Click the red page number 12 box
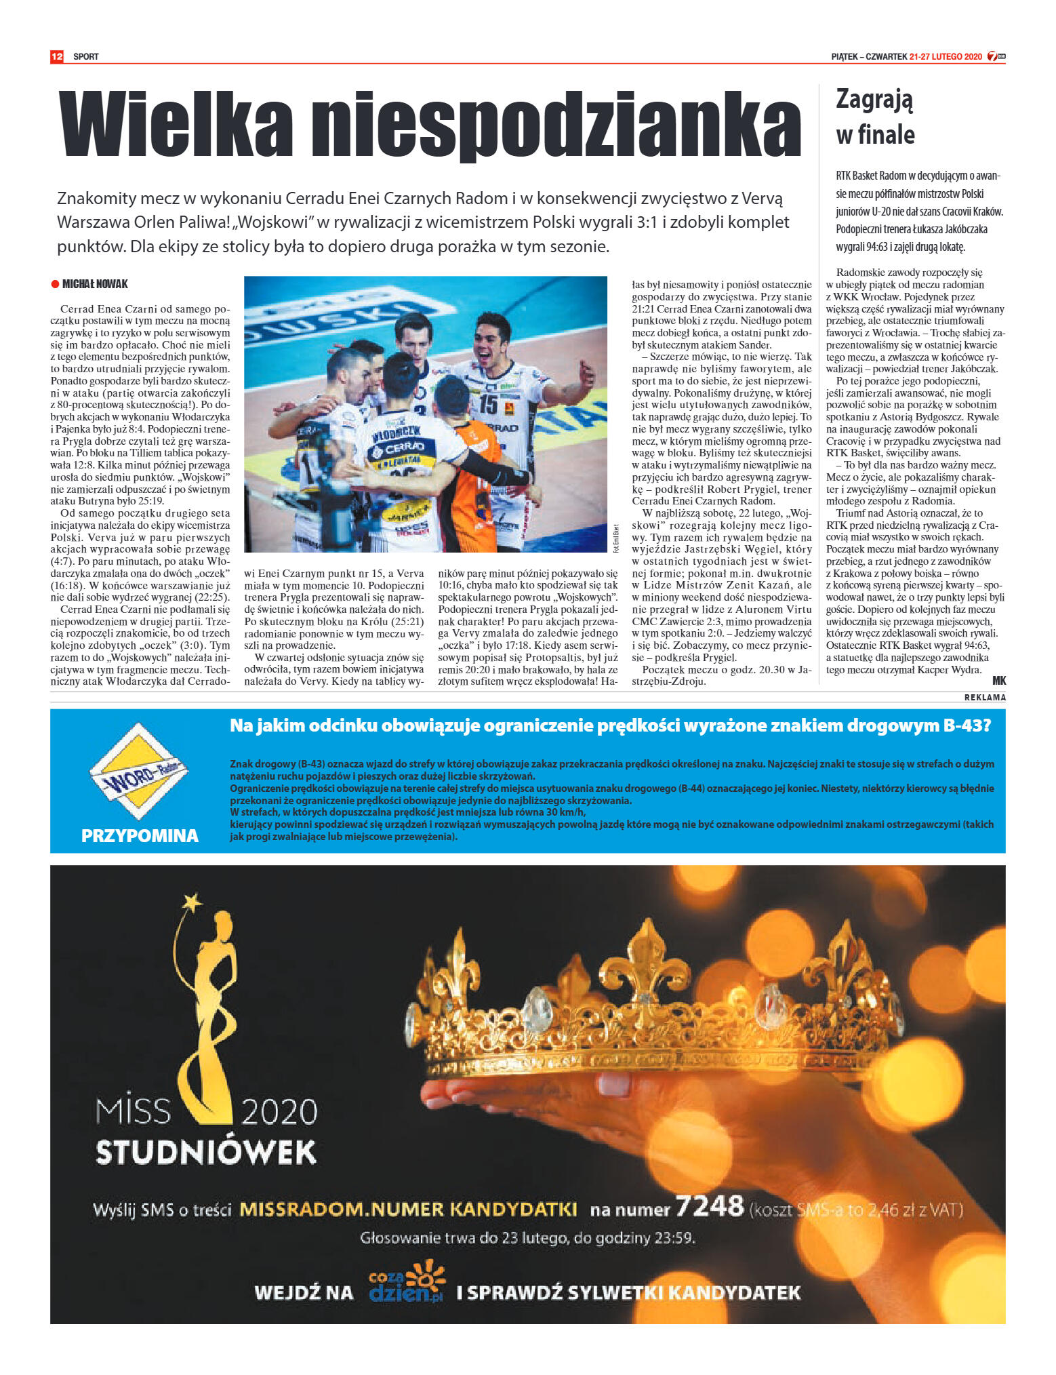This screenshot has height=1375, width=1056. click(x=57, y=56)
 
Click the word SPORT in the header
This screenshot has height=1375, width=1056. click(x=86, y=57)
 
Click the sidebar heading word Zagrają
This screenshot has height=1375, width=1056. click(x=874, y=100)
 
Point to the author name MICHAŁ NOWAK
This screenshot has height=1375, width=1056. click(x=95, y=284)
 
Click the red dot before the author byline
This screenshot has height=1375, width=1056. click(x=56, y=284)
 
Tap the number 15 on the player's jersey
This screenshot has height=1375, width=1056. click(x=488, y=404)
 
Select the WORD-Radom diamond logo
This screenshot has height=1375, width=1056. click(x=139, y=771)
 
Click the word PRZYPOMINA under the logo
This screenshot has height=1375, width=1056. click(x=140, y=835)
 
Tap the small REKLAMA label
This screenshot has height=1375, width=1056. click(x=985, y=697)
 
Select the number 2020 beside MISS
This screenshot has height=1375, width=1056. click(x=279, y=1112)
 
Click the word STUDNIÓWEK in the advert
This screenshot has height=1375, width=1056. click(x=206, y=1152)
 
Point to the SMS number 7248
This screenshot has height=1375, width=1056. click(x=710, y=1206)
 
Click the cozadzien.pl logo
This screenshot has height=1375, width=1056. click(x=406, y=1282)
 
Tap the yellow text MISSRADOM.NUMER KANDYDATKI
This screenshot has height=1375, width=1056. click(x=409, y=1209)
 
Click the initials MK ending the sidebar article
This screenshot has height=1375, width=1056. click(x=998, y=681)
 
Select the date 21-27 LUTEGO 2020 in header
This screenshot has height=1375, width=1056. click(x=946, y=57)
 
